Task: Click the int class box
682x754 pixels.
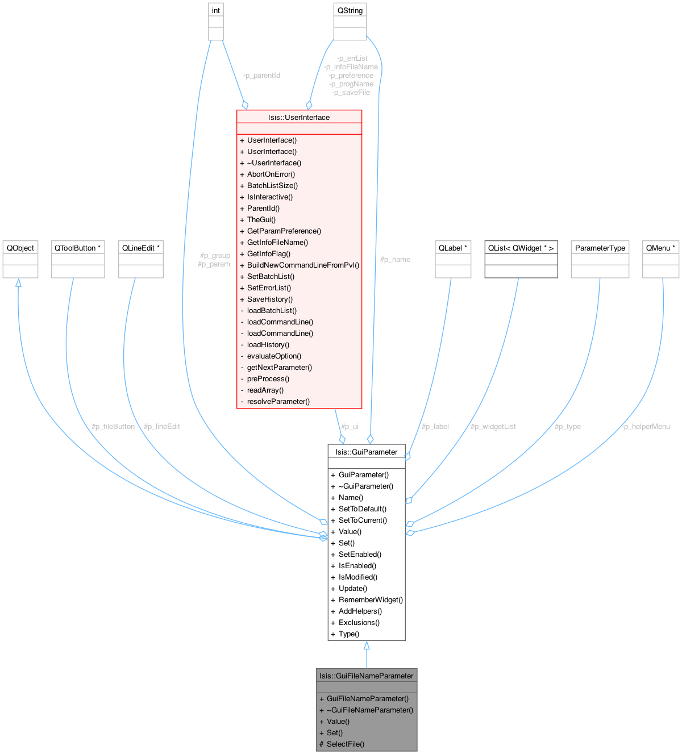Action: (215, 22)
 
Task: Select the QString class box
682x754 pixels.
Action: (350, 22)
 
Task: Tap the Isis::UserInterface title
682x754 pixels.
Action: (299, 117)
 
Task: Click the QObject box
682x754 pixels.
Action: (20, 259)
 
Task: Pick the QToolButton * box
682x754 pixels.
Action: (78, 259)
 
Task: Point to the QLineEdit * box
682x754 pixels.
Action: (141, 259)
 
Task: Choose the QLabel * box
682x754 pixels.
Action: (453, 259)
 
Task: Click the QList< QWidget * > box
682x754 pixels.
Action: (521, 259)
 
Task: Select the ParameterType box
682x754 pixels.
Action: (600, 259)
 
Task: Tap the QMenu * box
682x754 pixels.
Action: (661, 259)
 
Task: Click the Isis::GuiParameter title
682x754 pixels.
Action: (367, 452)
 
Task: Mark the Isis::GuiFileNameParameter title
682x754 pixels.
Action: (367, 676)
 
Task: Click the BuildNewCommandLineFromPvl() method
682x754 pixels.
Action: (303, 265)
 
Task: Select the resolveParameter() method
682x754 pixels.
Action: (278, 401)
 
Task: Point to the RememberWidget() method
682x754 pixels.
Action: (371, 599)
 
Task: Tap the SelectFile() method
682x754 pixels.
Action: (345, 744)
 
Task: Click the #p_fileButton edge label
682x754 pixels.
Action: (113, 426)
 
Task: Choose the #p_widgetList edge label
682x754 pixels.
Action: (493, 426)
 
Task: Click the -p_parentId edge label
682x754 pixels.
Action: (261, 75)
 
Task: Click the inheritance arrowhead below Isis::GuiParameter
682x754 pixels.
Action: (367, 645)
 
